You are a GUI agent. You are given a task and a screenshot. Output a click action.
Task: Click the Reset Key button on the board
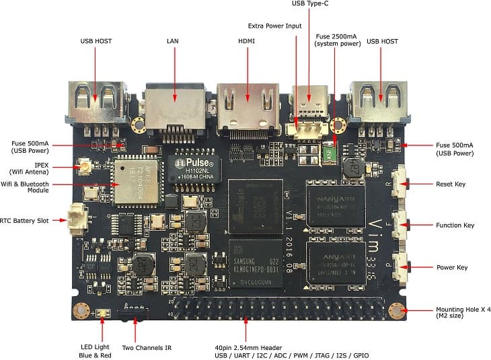point(403,182)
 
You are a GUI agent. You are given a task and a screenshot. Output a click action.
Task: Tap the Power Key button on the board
point(403,267)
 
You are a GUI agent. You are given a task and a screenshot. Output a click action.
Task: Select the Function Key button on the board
point(403,225)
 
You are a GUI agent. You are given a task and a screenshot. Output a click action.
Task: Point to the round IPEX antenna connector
point(87,166)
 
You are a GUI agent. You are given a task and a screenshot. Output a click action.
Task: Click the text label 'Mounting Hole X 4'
point(463,309)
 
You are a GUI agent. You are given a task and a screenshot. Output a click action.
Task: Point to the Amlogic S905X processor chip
point(255,206)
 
